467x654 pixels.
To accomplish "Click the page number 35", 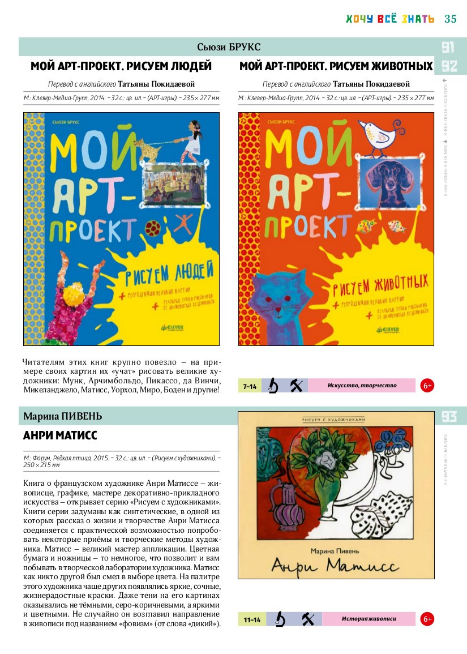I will coord(451,19).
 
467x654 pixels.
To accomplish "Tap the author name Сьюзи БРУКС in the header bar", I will coord(229,46).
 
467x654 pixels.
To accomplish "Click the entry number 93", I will coord(449,417).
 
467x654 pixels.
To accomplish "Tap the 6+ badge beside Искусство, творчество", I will coord(427,386).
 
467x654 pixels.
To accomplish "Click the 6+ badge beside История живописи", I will coord(427,619).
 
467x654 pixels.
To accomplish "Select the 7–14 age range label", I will coord(250,386).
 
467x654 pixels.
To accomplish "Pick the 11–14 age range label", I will coord(252,619).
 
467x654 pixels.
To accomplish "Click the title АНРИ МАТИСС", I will coord(60,435).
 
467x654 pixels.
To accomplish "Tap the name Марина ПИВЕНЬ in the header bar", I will coord(63,417).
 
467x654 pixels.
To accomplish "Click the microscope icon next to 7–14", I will coord(273,386).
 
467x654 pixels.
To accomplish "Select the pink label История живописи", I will coord(369,619).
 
